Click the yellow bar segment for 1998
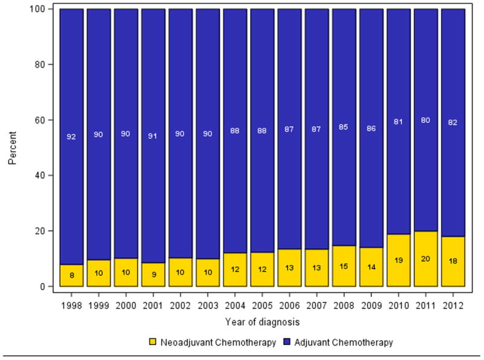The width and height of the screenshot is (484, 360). click(71, 275)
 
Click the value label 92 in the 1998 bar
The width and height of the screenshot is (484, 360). click(71, 137)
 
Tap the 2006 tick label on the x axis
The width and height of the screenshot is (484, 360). click(289, 298)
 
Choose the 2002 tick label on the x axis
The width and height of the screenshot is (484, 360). click(180, 298)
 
